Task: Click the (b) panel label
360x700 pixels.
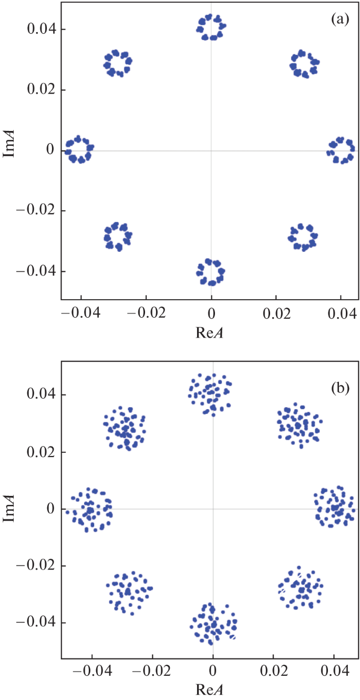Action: coord(340,388)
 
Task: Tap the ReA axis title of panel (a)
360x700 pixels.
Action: coord(210,332)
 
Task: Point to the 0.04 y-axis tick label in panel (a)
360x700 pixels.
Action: coord(42,29)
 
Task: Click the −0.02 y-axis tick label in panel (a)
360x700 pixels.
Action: coord(36,210)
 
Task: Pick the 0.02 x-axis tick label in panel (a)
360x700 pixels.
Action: coord(276,313)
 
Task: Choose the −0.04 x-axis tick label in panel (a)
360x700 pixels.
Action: coord(80,313)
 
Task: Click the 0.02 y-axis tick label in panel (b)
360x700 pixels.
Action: coord(42,452)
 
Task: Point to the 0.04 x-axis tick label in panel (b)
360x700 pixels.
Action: coord(335,670)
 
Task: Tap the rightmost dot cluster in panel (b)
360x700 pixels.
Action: coord(335,507)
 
